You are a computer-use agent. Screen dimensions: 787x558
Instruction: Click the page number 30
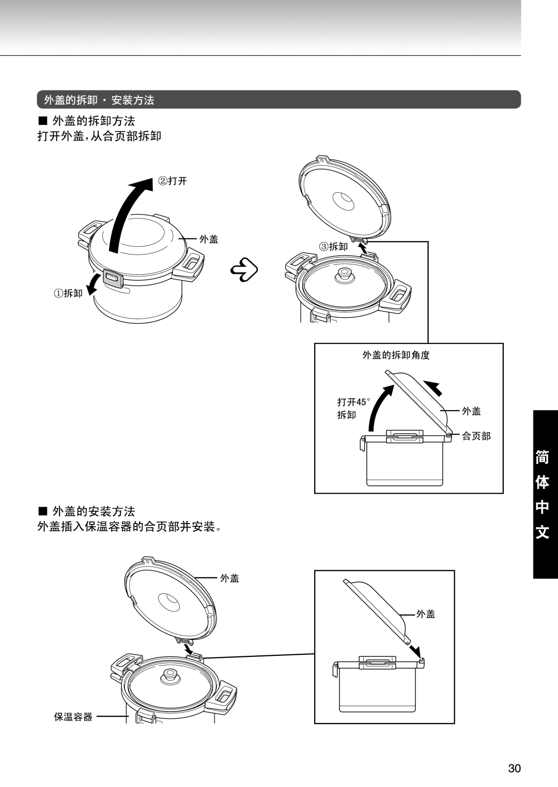click(514, 768)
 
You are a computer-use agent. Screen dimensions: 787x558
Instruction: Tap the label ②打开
click(172, 181)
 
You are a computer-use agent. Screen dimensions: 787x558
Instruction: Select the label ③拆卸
click(333, 247)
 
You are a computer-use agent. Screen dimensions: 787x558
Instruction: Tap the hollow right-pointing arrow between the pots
click(245, 269)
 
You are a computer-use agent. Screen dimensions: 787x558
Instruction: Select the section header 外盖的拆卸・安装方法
click(99, 100)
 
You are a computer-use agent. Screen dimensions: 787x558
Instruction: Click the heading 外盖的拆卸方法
click(94, 121)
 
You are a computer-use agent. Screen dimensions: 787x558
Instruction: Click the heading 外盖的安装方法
click(94, 511)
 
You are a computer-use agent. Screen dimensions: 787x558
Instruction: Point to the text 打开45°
click(354, 402)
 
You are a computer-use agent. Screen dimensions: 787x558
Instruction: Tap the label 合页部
click(476, 436)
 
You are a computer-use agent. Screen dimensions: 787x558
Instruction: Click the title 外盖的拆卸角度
click(396, 355)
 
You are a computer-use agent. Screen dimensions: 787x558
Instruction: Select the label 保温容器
click(73, 717)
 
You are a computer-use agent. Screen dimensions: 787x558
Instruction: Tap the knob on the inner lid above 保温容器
click(168, 675)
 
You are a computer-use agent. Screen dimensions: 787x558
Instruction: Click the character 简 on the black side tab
click(542, 458)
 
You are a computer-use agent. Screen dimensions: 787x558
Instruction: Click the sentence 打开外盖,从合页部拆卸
click(100, 136)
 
